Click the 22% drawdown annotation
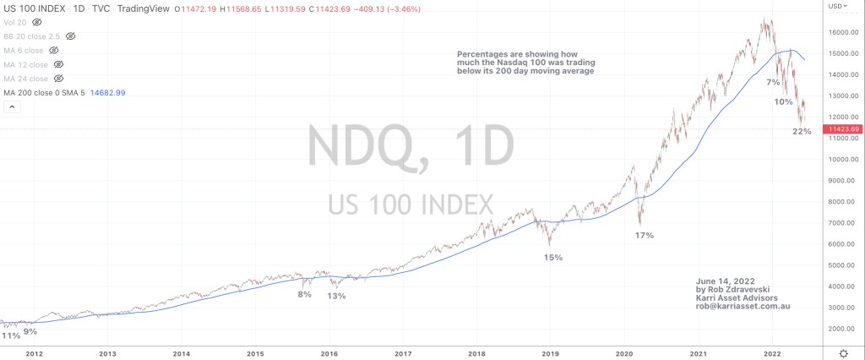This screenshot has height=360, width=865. [x=802, y=131]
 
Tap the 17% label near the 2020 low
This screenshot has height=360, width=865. [x=644, y=235]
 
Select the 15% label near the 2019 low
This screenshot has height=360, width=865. [x=553, y=257]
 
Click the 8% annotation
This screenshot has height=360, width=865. [x=304, y=294]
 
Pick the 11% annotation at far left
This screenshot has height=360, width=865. [x=10, y=335]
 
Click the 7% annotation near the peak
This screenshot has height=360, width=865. [x=773, y=83]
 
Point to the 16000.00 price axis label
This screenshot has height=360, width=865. [x=843, y=32]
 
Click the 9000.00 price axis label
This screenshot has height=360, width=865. [x=843, y=180]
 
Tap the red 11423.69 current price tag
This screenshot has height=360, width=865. [x=842, y=128]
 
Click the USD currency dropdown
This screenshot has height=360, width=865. [x=839, y=7]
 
